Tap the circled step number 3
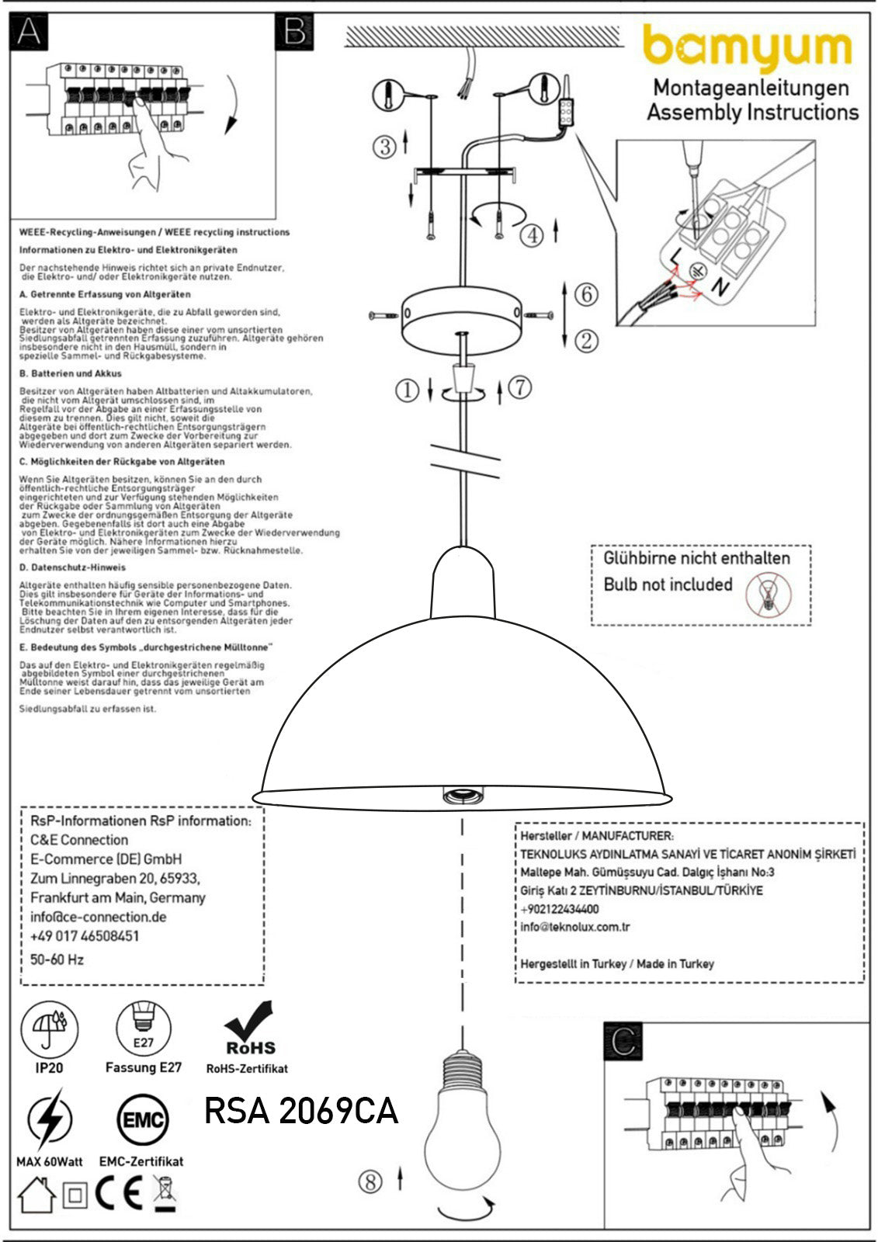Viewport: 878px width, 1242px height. pyautogui.click(x=385, y=146)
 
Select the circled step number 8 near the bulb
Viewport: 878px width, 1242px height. pyautogui.click(x=371, y=1181)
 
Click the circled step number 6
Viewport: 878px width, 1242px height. pyautogui.click(x=587, y=293)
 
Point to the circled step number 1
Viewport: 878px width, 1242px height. pyautogui.click(x=407, y=390)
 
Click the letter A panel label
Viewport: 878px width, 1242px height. pyautogui.click(x=29, y=31)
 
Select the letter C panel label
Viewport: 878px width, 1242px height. pyautogui.click(x=623, y=1041)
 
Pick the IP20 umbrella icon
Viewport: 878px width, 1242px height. pyautogui.click(x=50, y=1029)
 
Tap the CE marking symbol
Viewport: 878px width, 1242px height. pyautogui.click(x=119, y=1195)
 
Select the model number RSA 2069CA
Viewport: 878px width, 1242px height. pyautogui.click(x=301, y=1111)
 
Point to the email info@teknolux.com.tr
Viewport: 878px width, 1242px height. pyautogui.click(x=575, y=927)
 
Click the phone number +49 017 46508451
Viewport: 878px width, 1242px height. pyautogui.click(x=85, y=936)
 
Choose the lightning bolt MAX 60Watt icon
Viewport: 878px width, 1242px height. pyautogui.click(x=50, y=1120)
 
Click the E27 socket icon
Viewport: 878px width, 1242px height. pyautogui.click(x=144, y=1029)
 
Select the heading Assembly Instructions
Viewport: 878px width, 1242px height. pyautogui.click(x=753, y=113)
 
